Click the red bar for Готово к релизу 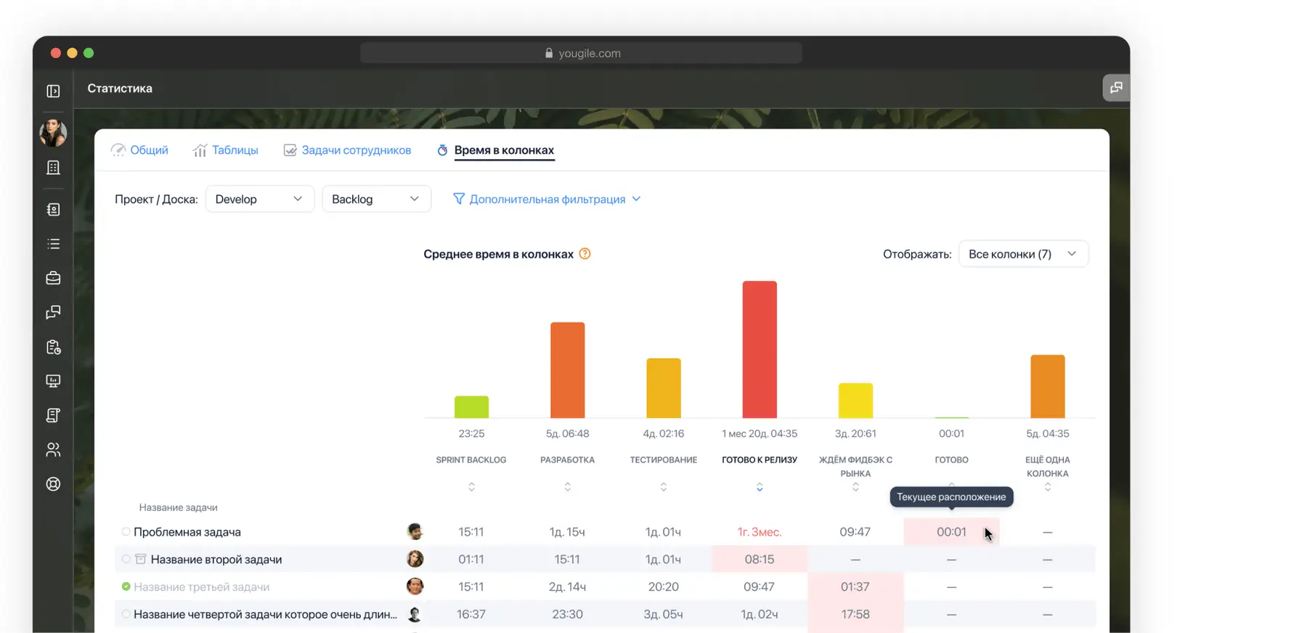coord(760,349)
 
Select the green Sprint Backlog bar coord(471,407)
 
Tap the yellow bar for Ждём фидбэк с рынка coord(855,400)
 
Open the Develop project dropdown coord(259,199)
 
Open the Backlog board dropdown coord(376,199)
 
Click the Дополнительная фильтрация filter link coord(547,199)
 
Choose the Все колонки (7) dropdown coord(1023,254)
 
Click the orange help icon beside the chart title coord(585,254)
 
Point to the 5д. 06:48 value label coord(567,433)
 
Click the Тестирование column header coord(663,460)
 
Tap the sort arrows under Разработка coord(567,487)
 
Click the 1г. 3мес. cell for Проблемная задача coord(759,532)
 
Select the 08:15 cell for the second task coord(759,560)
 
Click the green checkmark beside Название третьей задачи coord(126,587)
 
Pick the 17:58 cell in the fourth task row coord(855,614)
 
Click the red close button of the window coord(56,53)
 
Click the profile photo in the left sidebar coord(53,133)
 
